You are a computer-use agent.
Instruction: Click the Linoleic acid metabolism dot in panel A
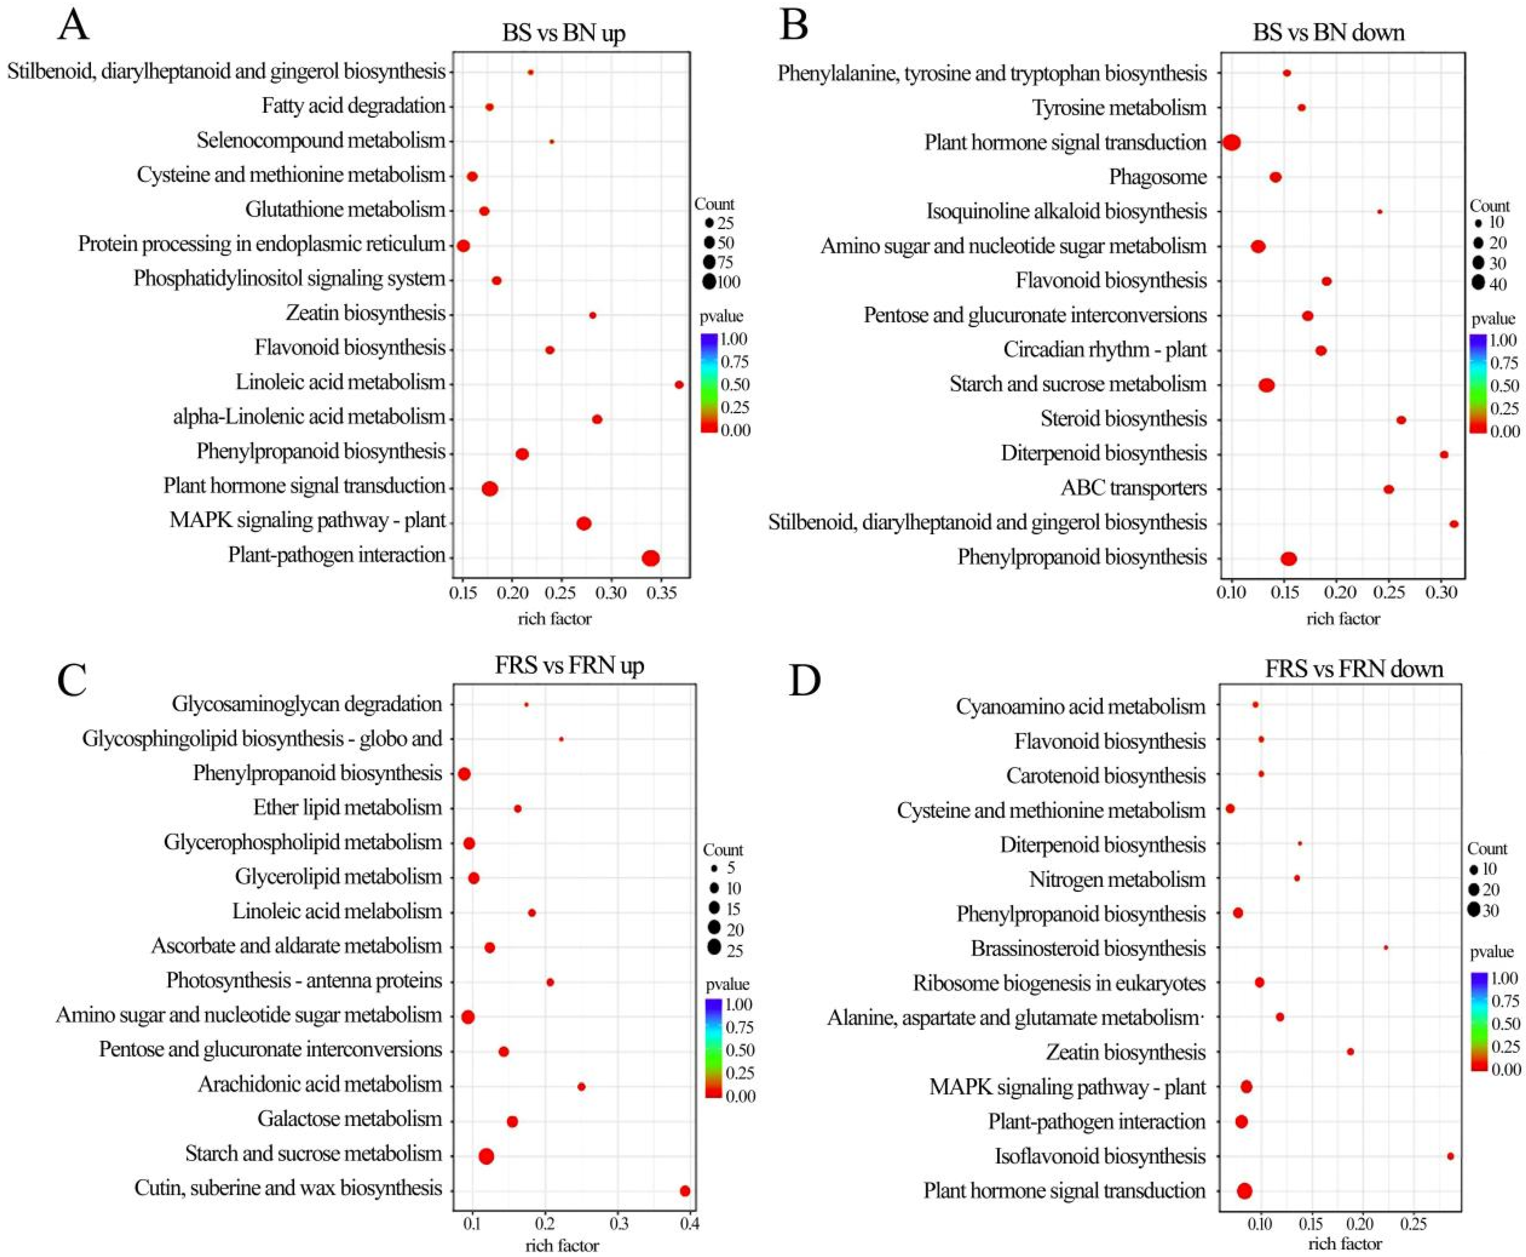(x=678, y=384)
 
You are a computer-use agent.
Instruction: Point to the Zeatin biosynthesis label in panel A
(x=366, y=313)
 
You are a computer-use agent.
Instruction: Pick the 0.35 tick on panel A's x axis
(x=660, y=594)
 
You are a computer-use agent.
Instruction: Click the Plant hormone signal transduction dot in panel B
(x=1231, y=142)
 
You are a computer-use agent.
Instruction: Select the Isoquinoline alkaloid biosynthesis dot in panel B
(x=1379, y=211)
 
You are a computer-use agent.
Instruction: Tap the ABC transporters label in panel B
(x=1134, y=488)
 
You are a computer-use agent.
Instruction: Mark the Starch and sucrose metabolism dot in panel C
(x=486, y=1156)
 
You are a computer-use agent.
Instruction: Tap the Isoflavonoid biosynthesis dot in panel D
(x=1450, y=1156)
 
